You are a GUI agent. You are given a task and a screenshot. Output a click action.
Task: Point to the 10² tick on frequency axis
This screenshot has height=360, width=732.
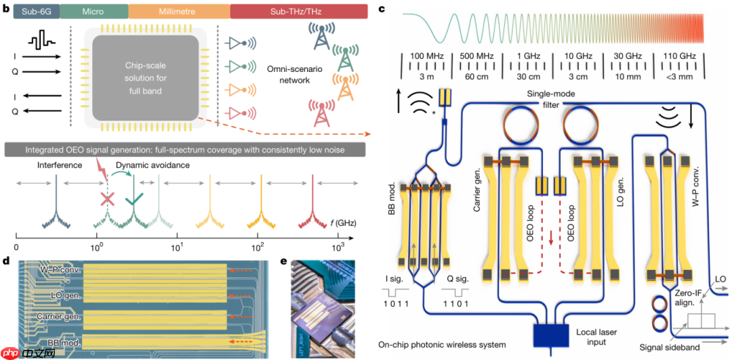point(258,245)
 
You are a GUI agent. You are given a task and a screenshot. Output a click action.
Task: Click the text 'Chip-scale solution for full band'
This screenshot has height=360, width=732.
point(145,76)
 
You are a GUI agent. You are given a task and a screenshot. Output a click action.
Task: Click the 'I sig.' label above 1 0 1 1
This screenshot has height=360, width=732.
point(396,277)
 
